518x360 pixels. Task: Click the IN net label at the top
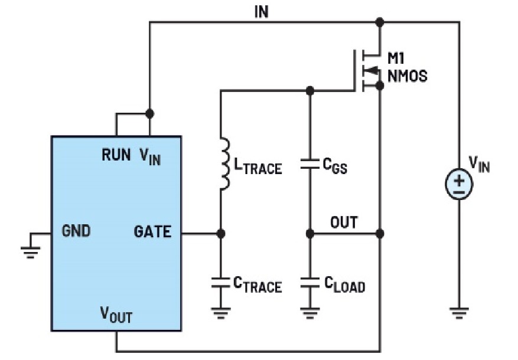261,11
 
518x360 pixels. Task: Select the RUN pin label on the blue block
116,155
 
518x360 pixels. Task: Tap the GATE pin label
152,231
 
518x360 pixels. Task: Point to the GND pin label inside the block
76,231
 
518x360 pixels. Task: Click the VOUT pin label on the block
115,315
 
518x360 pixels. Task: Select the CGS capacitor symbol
310,164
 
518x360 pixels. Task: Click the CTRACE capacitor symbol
220,284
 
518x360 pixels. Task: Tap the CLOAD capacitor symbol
310,284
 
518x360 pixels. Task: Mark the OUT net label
343,222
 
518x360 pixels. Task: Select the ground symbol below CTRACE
220,312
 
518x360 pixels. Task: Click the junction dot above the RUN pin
149,113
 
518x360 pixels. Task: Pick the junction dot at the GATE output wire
220,234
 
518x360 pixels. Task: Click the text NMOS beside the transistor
407,76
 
